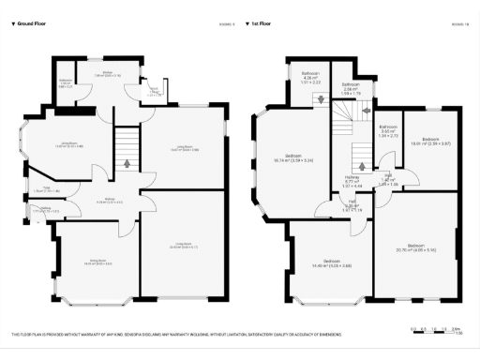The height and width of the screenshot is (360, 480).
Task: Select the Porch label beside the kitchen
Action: click(x=154, y=92)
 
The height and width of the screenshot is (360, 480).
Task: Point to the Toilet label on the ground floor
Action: click(x=38, y=190)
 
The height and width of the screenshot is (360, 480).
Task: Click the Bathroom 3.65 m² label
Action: click(x=388, y=132)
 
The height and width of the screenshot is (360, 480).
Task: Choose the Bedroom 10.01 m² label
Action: click(x=431, y=141)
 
